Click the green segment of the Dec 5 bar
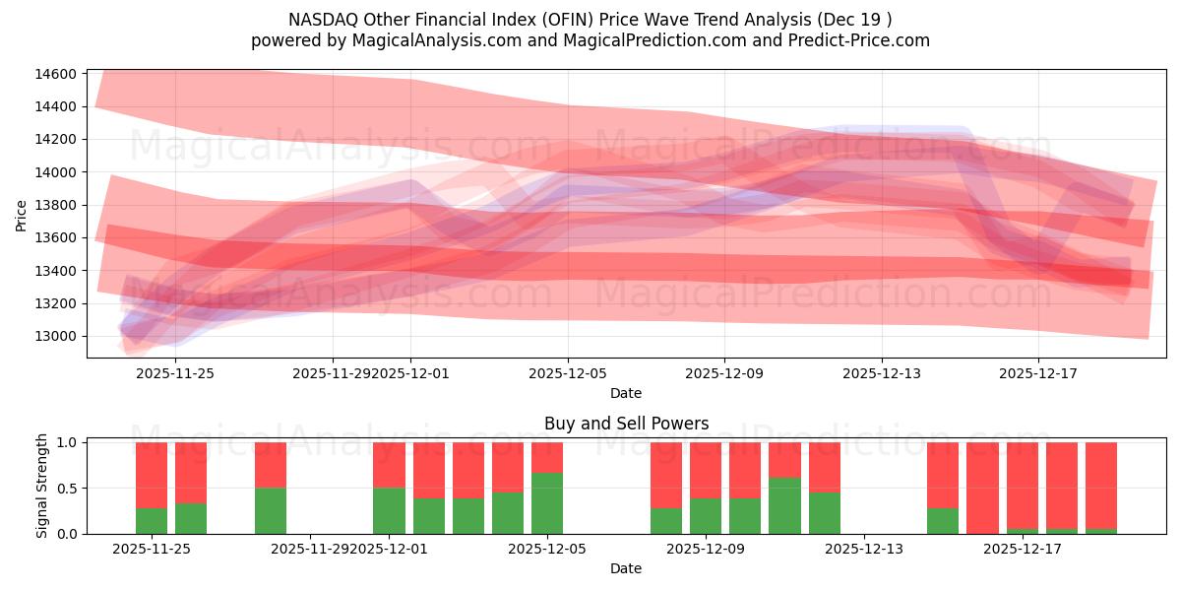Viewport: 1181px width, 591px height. coord(547,503)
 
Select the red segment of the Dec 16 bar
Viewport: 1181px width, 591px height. coord(982,487)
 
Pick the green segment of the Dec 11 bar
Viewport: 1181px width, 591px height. coord(784,505)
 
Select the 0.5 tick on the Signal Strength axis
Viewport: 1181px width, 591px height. coord(68,489)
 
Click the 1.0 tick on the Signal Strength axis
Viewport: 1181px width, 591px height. coord(68,443)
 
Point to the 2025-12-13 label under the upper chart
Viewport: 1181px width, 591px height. coord(882,373)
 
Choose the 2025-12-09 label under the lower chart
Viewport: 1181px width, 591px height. coord(705,549)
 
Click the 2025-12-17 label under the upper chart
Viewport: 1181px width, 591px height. coord(1038,373)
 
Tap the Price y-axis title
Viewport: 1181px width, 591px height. coord(22,214)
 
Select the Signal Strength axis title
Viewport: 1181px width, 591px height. coord(41,486)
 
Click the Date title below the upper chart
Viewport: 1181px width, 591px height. coord(626,393)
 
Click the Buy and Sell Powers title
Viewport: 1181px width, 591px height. coord(626,424)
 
